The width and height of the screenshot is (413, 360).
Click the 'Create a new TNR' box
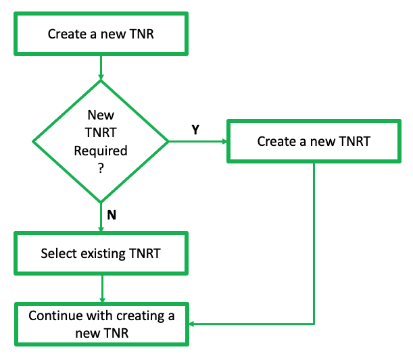click(101, 33)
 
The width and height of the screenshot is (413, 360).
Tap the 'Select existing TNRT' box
click(101, 254)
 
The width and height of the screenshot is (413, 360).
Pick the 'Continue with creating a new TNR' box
click(101, 324)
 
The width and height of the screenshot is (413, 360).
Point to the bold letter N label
click(112, 216)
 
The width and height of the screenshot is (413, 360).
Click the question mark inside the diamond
click(101, 168)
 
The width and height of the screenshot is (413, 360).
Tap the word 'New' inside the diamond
click(101, 115)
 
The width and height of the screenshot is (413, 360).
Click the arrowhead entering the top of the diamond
click(101, 76)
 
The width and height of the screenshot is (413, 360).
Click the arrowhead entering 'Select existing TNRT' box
click(101, 229)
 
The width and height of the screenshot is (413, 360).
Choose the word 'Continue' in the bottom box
click(54, 315)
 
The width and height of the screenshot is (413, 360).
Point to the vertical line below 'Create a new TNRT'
click(314, 243)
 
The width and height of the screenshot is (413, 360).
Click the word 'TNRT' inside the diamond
click(101, 133)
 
